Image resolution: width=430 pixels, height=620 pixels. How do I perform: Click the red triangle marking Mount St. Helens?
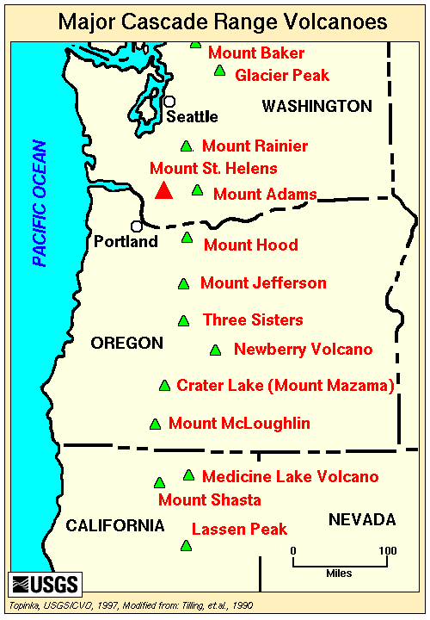click(163, 191)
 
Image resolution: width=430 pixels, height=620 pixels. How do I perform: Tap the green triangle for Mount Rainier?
click(185, 146)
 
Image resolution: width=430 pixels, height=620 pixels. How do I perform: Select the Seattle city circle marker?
click(170, 101)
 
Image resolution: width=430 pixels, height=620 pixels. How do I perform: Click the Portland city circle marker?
click(137, 226)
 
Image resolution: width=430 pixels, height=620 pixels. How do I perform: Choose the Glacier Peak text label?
click(282, 76)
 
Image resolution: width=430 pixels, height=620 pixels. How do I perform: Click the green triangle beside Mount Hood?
click(187, 238)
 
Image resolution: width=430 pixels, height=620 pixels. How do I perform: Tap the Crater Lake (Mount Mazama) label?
click(285, 385)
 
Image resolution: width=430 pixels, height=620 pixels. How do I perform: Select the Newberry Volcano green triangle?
click(215, 350)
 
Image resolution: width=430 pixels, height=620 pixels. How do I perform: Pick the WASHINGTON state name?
click(316, 106)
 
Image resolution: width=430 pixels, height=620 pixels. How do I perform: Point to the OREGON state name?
click(126, 344)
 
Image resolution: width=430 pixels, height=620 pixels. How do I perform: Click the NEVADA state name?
click(361, 519)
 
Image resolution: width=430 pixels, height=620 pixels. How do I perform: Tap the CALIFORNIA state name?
click(115, 525)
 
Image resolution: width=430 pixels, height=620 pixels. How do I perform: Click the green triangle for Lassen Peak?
click(185, 546)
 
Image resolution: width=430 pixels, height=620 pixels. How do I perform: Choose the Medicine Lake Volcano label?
click(290, 476)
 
